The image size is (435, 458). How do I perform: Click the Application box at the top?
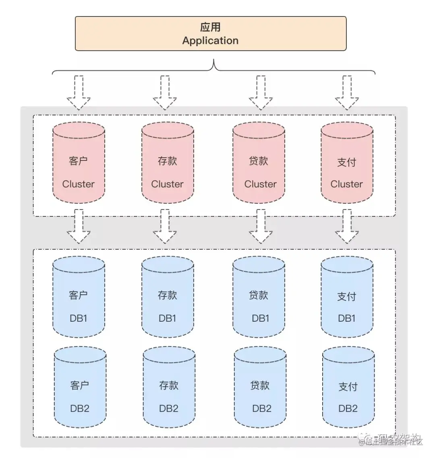(211, 33)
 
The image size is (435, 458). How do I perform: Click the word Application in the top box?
(210, 41)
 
